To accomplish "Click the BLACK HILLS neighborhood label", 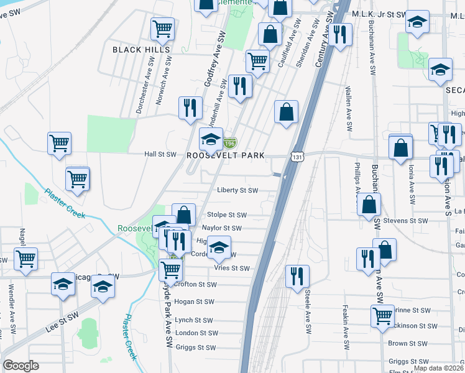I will click(140, 48).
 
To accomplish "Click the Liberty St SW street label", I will click(237, 191).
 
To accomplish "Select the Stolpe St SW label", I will click(228, 215).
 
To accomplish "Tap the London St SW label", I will click(195, 333).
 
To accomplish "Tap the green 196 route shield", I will click(230, 143).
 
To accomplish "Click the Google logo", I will click(21, 366).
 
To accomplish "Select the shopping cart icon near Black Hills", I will click(162, 28).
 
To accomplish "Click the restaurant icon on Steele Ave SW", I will click(297, 275).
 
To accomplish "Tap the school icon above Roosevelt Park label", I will click(211, 139).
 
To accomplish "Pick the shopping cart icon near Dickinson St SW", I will click(382, 315).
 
